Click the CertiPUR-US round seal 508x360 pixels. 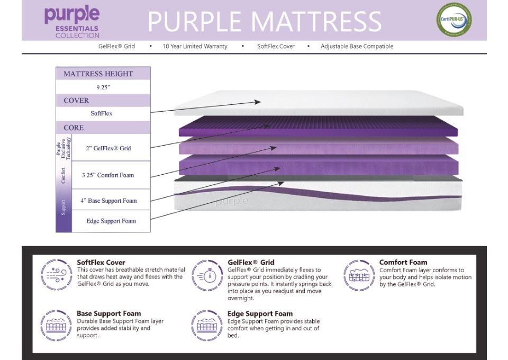453,20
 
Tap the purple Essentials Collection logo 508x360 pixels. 71,21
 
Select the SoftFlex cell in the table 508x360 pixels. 102,113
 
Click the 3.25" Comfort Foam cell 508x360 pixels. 108,175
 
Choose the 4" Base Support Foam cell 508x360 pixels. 108,201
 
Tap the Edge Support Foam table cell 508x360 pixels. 111,221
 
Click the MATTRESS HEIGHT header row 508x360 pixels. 98,74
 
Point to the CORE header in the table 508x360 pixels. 74,128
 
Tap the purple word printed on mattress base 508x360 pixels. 231,201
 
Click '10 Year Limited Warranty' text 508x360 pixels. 195,47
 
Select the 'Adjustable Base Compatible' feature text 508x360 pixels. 357,47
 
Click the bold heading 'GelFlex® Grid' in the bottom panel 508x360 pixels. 251,262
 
